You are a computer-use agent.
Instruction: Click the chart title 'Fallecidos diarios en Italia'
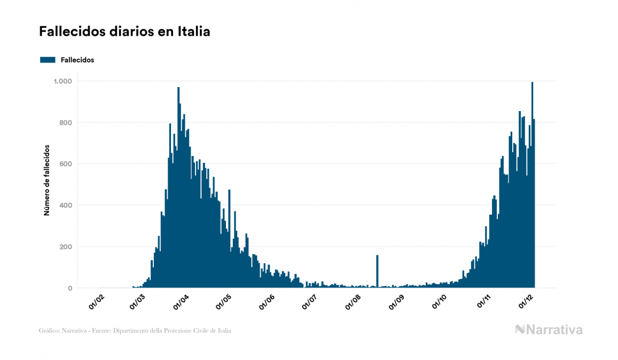click(x=124, y=32)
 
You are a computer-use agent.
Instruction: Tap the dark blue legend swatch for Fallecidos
click(x=48, y=60)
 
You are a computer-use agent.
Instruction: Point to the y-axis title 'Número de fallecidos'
click(x=46, y=180)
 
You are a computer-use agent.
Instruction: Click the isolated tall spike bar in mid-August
click(x=377, y=272)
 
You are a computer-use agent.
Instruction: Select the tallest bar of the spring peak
click(x=178, y=187)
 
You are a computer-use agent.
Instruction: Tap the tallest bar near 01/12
click(x=532, y=187)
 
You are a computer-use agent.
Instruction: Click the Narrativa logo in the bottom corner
click(x=549, y=330)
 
